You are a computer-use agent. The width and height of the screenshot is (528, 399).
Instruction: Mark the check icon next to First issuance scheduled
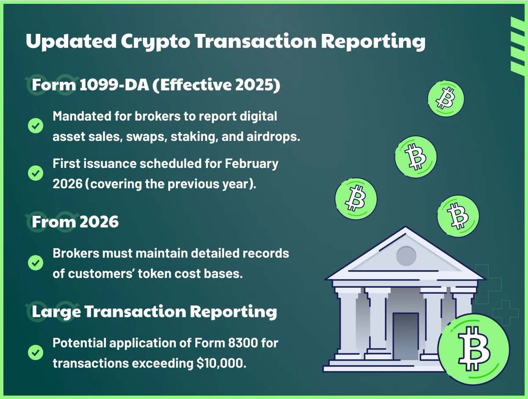click(35, 174)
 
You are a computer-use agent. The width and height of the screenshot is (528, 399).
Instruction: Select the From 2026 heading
click(75, 221)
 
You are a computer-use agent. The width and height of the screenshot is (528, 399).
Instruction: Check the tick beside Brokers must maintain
click(35, 263)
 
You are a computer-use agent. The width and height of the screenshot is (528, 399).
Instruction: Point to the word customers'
click(96, 273)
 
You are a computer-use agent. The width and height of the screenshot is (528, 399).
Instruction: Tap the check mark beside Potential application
click(35, 352)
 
